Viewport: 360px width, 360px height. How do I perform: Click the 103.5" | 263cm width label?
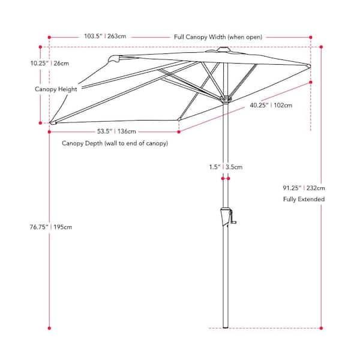point(105,36)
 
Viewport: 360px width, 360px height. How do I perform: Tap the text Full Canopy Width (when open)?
point(218,37)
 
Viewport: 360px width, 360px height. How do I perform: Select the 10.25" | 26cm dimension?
point(50,64)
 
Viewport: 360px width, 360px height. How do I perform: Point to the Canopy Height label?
point(56,89)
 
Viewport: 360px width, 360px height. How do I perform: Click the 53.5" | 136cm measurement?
point(116,131)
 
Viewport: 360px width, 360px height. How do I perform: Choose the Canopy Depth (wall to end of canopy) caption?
point(115,143)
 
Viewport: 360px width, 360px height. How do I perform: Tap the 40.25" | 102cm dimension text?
point(271,105)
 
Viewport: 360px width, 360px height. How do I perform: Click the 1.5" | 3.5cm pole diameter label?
point(226,167)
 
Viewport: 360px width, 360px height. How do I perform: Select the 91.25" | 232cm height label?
point(304,188)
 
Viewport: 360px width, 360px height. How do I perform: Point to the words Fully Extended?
point(304,199)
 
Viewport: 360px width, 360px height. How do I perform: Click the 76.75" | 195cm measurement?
point(51,227)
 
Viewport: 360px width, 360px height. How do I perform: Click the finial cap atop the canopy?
point(223,49)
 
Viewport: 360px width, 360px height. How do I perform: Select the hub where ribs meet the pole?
point(226,100)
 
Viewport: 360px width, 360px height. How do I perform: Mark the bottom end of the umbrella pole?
point(226,327)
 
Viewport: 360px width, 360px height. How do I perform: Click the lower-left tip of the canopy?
point(53,123)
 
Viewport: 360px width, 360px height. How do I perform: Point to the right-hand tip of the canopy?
point(309,66)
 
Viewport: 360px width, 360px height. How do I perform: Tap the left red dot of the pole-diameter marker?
point(223,178)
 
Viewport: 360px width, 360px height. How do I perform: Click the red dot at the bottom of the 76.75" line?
point(49,328)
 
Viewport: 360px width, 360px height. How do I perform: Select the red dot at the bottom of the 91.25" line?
point(321,328)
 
